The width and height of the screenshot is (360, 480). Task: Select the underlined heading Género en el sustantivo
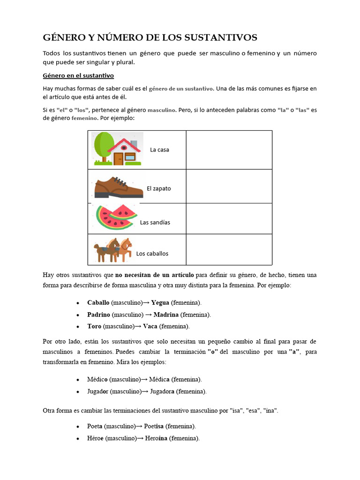pyautogui.click(x=78, y=75)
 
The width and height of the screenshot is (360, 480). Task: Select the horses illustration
pyautogui.click(x=113, y=250)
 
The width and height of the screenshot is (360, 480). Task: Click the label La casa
pyautogui.click(x=159, y=150)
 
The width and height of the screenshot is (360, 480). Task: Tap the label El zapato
pyautogui.click(x=158, y=188)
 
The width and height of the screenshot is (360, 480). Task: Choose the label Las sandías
pyautogui.click(x=155, y=223)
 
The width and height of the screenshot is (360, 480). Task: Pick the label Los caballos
pyautogui.click(x=152, y=254)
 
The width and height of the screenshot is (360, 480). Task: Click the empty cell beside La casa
pyautogui.click(x=229, y=150)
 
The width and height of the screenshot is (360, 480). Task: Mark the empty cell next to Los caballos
pyautogui.click(x=229, y=250)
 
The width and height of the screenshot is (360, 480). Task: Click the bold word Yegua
pyautogui.click(x=160, y=303)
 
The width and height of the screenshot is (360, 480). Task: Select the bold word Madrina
pyautogui.click(x=166, y=315)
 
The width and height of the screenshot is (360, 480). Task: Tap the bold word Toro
pyautogui.click(x=94, y=326)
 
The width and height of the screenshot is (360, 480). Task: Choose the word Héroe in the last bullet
pyautogui.click(x=95, y=438)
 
